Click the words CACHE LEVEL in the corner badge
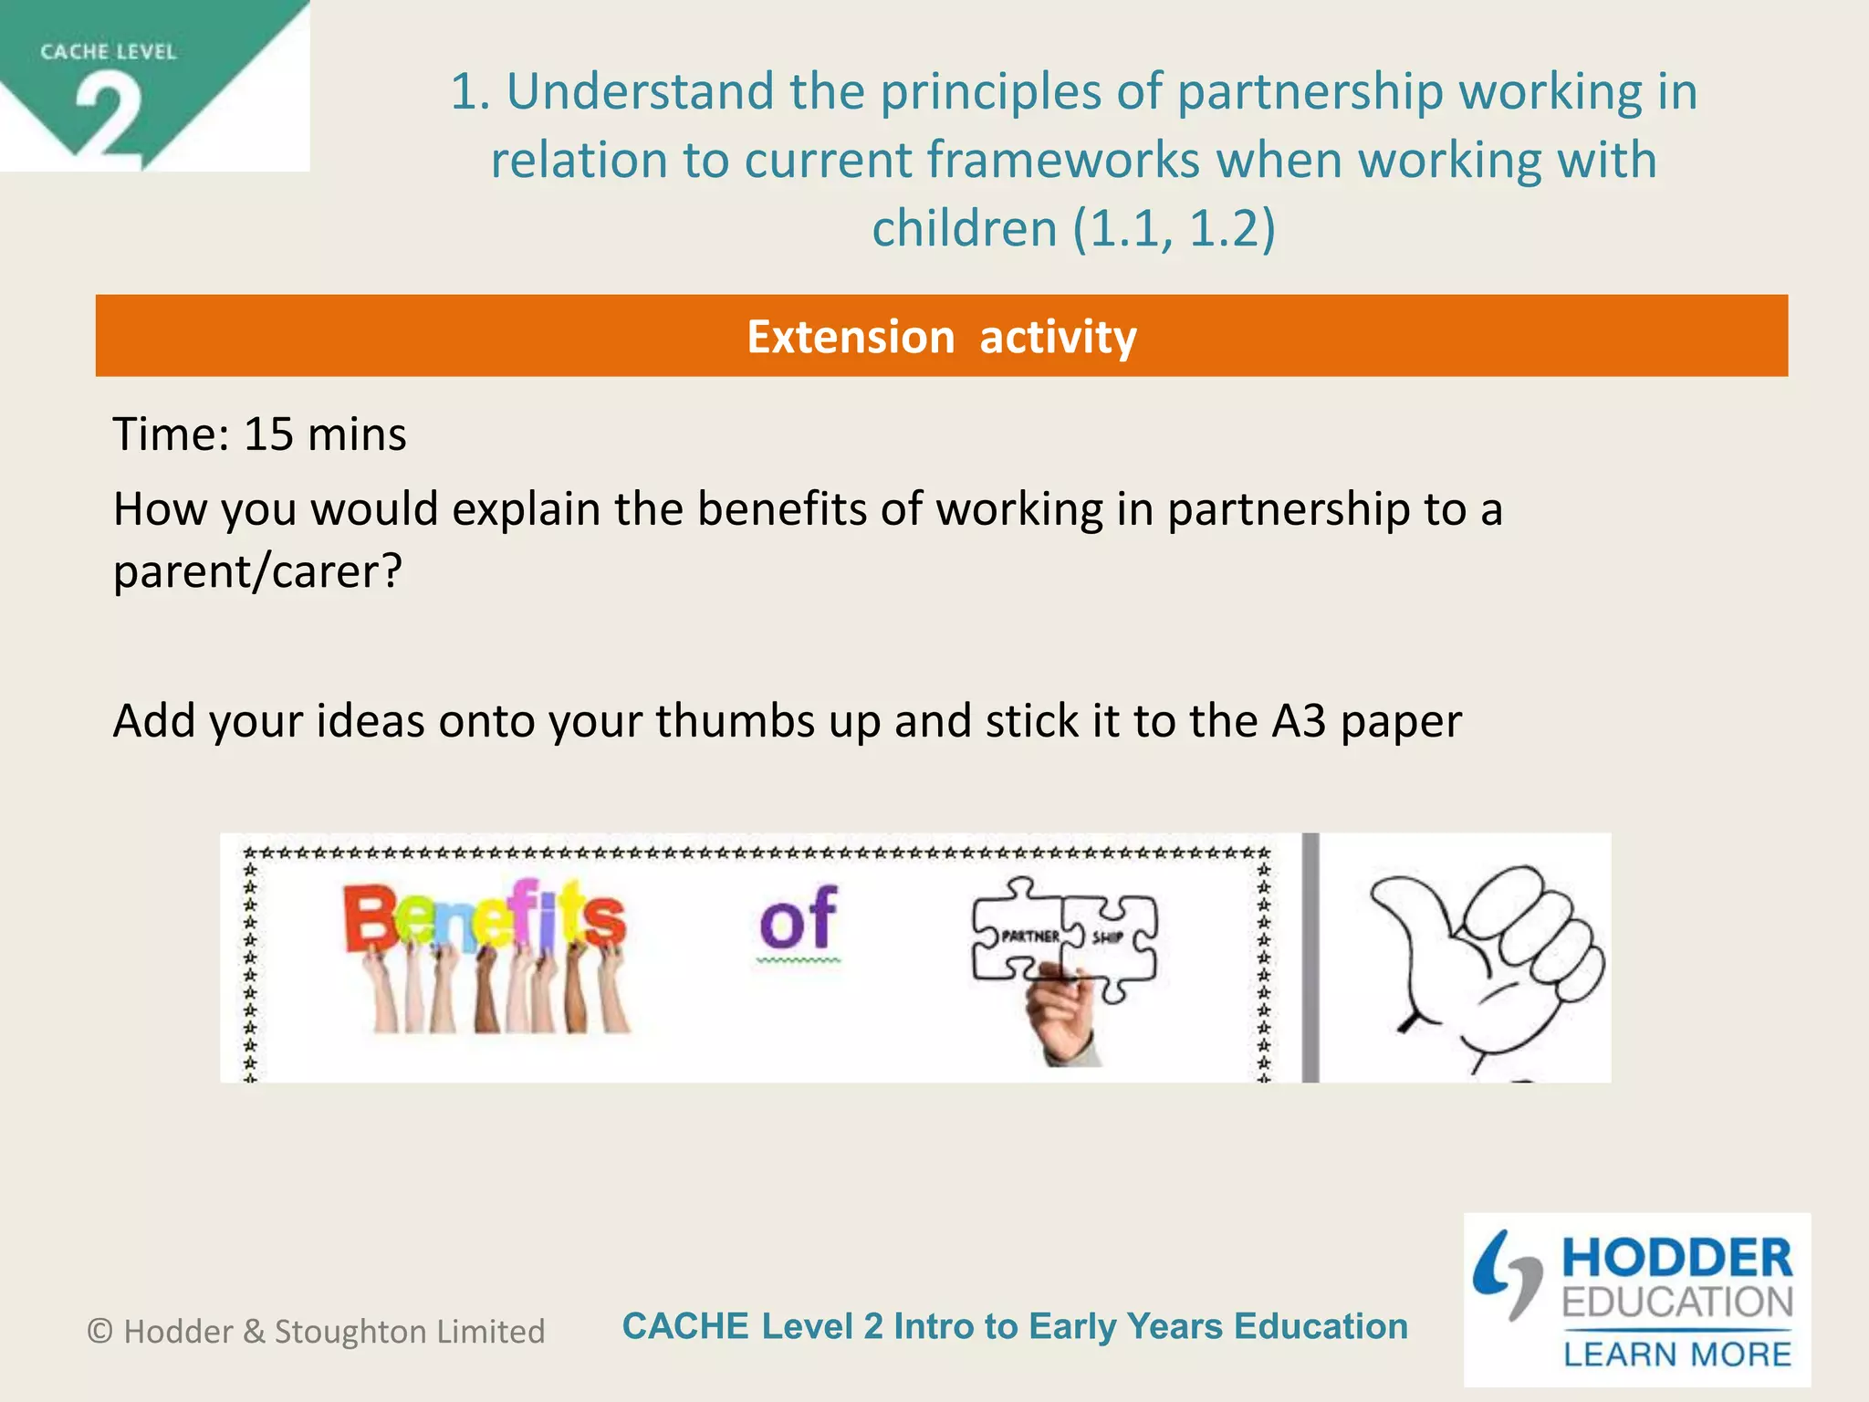pos(108,52)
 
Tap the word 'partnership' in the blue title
pos(1309,91)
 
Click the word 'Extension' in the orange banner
pos(851,337)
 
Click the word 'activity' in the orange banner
pos(1058,337)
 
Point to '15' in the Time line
pos(268,434)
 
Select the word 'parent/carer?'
pos(257,572)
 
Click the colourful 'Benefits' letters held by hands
pos(485,917)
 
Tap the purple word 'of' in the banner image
pos(798,920)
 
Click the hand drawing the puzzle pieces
pos(1064,1018)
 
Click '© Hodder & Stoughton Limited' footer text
pos(316,1332)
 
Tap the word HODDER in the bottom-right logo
pos(1676,1258)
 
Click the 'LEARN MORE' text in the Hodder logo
pos(1676,1354)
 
